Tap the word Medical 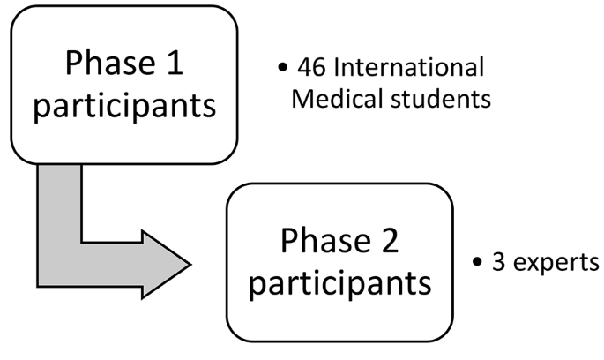331,97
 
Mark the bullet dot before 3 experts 477,263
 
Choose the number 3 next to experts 498,262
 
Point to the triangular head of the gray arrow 168,263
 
